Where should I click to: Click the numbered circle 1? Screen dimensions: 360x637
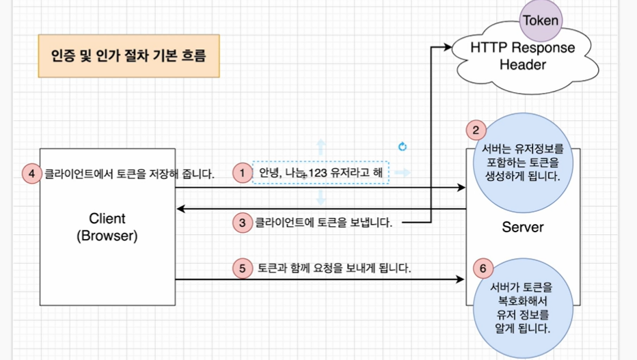coord(242,173)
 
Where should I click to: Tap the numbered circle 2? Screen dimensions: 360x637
coord(476,130)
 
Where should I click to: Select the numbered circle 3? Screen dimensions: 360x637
coord(242,222)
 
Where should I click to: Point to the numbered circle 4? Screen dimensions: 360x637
coord(31,174)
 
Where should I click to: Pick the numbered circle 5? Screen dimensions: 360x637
coord(242,268)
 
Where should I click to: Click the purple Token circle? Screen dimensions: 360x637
coord(541,20)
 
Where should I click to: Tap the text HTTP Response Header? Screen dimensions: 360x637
coord(522,57)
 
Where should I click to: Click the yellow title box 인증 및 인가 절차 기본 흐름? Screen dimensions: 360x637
coord(128,55)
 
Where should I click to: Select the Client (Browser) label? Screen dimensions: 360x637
coord(107,227)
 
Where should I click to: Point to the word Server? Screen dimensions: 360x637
coord(522,227)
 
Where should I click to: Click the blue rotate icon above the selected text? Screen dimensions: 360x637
coord(403,146)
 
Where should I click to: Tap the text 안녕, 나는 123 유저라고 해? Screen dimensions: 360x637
coord(320,173)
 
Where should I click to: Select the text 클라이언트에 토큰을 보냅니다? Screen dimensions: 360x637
coord(323,222)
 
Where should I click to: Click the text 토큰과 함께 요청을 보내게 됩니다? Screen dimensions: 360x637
coord(334,268)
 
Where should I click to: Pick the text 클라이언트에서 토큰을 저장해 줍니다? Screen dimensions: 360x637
coord(129,174)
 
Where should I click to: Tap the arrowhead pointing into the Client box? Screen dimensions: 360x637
coord(180,208)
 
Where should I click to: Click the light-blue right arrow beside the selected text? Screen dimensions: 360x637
coord(403,173)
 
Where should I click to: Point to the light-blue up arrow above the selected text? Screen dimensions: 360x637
coord(320,146)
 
